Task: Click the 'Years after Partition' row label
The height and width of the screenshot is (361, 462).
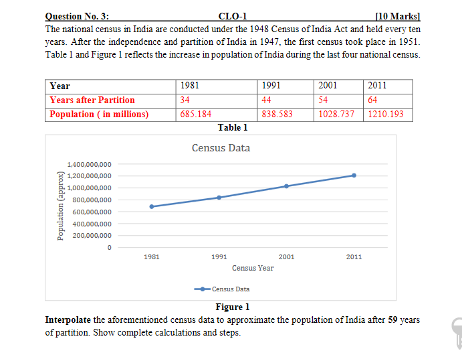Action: tap(92, 100)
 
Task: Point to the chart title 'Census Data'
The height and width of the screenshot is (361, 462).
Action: tap(221, 147)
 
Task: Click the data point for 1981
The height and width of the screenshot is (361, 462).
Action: tap(152, 206)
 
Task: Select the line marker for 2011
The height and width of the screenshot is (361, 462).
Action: tap(354, 175)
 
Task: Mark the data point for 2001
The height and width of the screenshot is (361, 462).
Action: tap(287, 186)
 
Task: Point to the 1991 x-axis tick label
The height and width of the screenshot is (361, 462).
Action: tap(219, 257)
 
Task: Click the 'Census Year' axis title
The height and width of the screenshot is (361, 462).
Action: tap(253, 268)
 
